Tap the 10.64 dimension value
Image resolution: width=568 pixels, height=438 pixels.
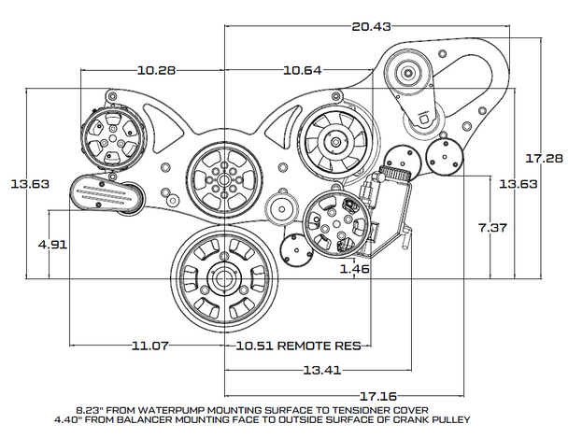(304, 70)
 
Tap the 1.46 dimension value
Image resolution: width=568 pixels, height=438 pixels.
(355, 271)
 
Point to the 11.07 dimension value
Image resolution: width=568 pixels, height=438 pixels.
(149, 346)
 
